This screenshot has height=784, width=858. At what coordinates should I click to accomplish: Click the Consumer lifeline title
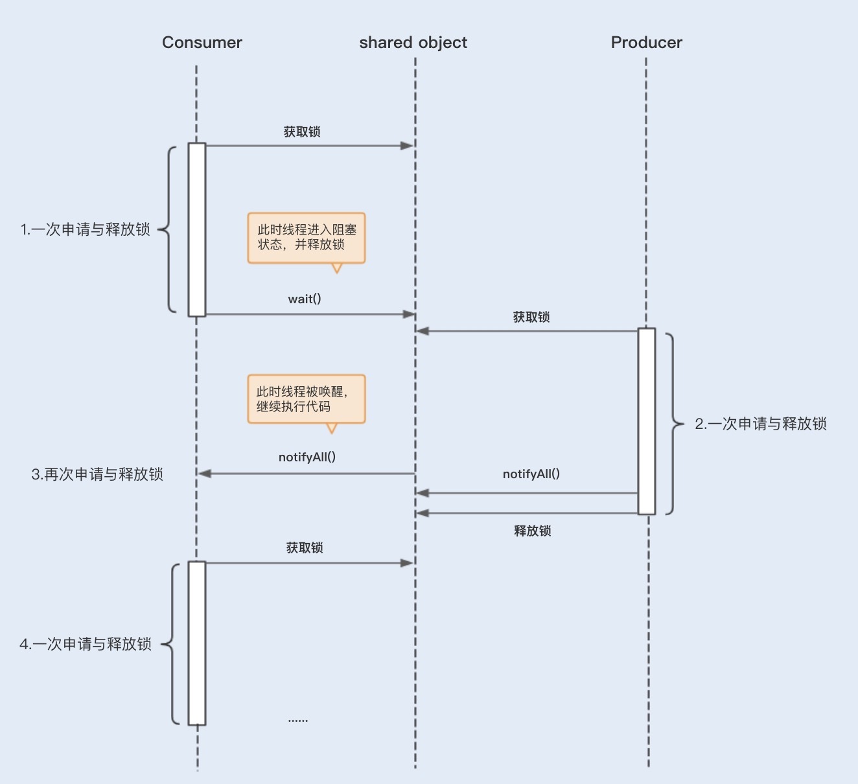pos(202,42)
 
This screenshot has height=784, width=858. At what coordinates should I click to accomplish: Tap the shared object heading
pos(413,43)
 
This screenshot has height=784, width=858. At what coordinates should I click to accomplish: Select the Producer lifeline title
pos(646,42)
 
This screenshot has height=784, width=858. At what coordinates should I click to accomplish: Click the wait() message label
pos(305,299)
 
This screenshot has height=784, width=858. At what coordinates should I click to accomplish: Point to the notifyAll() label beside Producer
pos(531,474)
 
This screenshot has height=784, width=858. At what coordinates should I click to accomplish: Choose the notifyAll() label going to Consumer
pos(307,457)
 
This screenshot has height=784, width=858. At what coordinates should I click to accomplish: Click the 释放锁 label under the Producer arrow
pos(532,531)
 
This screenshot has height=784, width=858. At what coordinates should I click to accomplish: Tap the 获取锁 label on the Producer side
pos(531,317)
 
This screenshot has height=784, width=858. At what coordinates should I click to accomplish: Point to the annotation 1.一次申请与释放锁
pos(86,229)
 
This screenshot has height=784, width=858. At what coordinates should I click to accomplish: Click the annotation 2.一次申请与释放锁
pos(761,424)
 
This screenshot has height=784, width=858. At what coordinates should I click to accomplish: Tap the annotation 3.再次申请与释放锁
pos(97,474)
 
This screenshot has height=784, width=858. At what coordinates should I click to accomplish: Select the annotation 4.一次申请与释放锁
pos(86,643)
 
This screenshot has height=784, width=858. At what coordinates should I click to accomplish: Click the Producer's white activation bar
pos(647,421)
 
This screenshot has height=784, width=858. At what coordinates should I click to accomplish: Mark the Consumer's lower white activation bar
pos(197,643)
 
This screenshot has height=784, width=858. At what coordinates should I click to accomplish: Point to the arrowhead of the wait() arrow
pos(408,314)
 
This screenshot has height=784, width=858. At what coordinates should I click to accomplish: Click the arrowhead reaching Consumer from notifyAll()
pos(205,474)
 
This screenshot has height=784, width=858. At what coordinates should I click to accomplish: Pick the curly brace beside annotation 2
pos(675,424)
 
